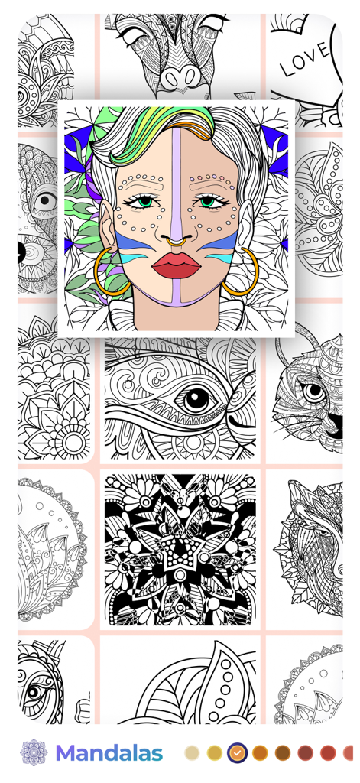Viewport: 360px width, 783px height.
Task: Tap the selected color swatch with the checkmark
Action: [237, 752]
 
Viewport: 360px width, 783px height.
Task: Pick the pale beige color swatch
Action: [192, 752]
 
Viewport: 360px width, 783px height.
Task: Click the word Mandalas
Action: [109, 753]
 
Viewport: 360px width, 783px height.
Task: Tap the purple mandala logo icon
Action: [34, 752]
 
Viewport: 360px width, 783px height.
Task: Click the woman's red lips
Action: [176, 266]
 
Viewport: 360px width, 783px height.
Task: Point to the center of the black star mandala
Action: [180, 548]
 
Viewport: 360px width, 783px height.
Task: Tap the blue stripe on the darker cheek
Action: [222, 245]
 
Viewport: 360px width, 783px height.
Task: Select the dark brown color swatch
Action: [283, 752]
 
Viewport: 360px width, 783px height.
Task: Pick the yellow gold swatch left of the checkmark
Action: [215, 752]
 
